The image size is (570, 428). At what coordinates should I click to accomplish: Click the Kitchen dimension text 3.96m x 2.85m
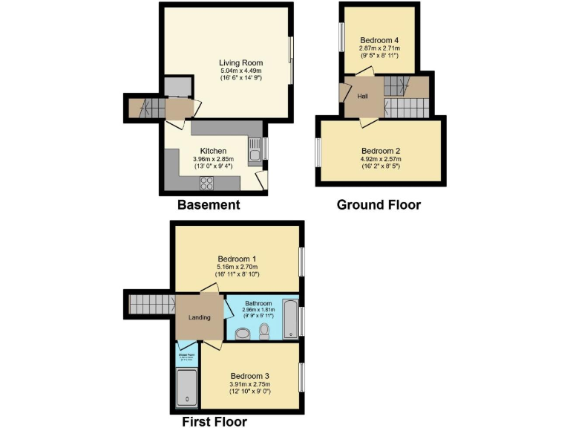point(213,159)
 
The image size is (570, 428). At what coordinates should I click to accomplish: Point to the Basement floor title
point(208,204)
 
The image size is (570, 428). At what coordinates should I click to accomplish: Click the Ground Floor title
point(379,204)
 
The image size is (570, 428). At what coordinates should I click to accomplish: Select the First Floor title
point(214,421)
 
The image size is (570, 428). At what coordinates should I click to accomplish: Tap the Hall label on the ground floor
point(363,97)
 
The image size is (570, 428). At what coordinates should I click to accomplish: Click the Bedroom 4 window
point(342,37)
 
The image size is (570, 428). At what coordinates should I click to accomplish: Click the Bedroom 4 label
point(379,40)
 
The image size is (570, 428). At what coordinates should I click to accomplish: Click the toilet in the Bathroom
point(264,330)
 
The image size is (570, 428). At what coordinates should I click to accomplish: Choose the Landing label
point(200,317)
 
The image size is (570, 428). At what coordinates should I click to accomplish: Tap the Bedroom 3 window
point(301,377)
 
